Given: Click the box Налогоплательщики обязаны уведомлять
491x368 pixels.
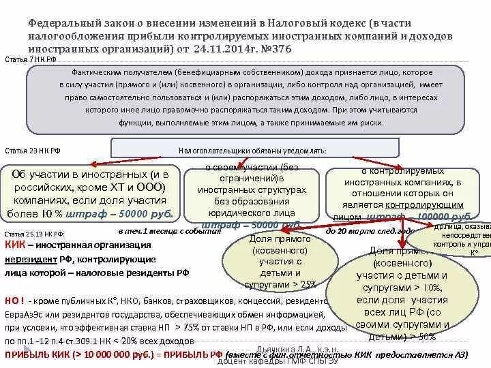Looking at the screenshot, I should (253, 149).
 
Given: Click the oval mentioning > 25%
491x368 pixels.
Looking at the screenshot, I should (270, 262).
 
